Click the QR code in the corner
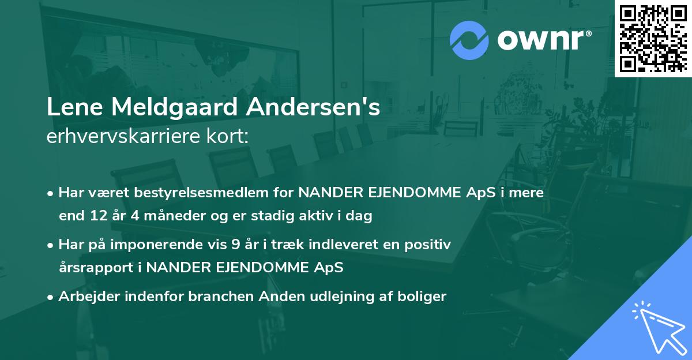(653, 38)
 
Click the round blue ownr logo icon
(469, 40)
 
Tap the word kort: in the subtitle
(230, 137)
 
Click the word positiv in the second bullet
(429, 245)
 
